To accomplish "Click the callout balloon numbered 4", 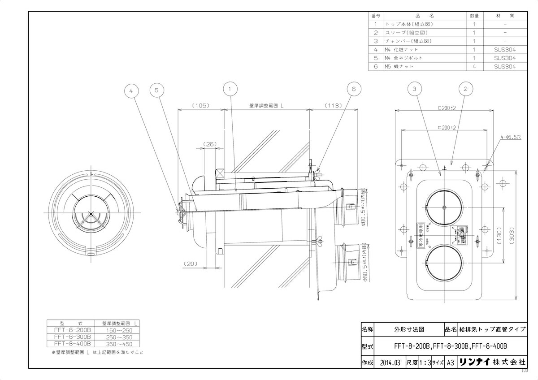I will pos(131,90).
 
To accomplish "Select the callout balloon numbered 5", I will pos(156,90).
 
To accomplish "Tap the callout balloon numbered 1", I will pos(230,89).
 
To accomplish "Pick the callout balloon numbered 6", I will pos(353,89).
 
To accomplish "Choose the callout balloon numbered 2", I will pos(465,89).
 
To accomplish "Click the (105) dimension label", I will pos(200,106).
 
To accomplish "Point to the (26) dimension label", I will pos(210,144).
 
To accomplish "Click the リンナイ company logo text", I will pos(474,362).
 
